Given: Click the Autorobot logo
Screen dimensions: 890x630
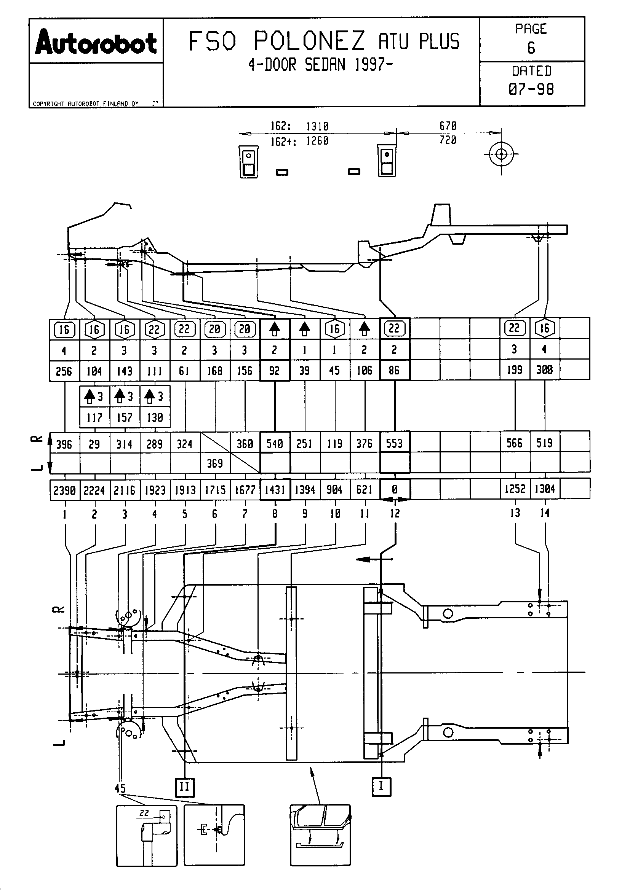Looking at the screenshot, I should [x=96, y=43].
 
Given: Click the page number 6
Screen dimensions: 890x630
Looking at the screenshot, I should [x=531, y=48].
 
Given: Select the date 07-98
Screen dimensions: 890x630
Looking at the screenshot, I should [x=531, y=89].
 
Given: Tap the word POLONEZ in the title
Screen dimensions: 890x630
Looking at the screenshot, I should [x=309, y=41].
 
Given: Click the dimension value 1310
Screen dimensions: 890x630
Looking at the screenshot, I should [x=317, y=126].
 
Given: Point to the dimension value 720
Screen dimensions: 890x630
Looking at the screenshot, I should [x=448, y=140].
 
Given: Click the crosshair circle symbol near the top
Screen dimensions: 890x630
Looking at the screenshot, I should [x=502, y=154].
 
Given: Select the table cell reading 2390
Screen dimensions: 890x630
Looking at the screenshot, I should [x=64, y=490].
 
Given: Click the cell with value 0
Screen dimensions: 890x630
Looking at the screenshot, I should [x=395, y=490].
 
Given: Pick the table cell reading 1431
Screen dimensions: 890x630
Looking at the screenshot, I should [x=275, y=490].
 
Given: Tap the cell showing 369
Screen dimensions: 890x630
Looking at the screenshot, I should [x=215, y=463].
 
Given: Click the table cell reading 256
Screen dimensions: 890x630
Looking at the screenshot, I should [x=64, y=371].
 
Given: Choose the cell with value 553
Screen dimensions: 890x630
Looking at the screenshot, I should [x=394, y=443].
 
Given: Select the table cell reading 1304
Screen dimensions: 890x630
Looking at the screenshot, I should [x=545, y=489].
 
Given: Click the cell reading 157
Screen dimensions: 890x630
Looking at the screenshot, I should [x=125, y=417].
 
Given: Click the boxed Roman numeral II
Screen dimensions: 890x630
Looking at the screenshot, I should [x=185, y=787].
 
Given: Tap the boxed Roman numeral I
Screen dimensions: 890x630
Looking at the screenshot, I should [x=381, y=787].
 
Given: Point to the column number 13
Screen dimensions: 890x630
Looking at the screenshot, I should [x=515, y=513].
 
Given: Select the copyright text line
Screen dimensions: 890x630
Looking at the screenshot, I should [x=86, y=104].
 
